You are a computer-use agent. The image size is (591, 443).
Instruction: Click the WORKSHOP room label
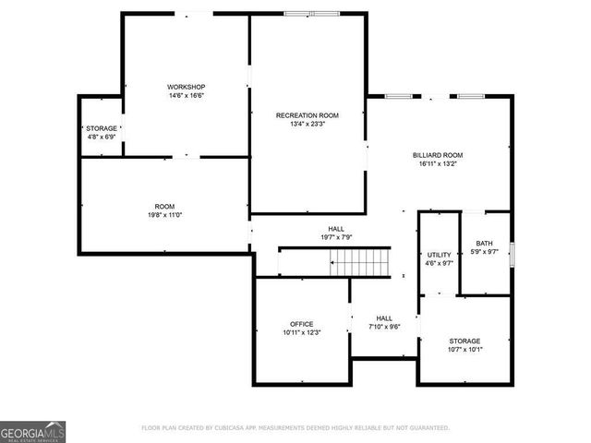click(186, 86)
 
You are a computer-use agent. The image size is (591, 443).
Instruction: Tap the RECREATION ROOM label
click(308, 115)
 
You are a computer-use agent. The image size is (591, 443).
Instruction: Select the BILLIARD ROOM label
click(438, 155)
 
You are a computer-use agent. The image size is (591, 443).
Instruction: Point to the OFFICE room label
click(301, 324)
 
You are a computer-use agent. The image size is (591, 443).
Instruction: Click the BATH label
click(485, 243)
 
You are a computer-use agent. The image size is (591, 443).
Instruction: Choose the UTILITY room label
click(439, 255)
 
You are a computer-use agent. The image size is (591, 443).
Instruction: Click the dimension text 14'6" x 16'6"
click(186, 95)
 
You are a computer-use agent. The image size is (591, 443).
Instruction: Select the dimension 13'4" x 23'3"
click(308, 125)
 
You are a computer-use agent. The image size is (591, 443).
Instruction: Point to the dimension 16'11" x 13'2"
click(438, 164)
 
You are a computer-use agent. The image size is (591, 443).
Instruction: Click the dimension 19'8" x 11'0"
click(164, 215)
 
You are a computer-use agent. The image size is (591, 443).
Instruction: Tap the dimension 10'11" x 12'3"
click(301, 333)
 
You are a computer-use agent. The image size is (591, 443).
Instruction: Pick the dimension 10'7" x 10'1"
click(464, 349)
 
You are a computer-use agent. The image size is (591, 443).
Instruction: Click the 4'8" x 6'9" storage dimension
click(102, 137)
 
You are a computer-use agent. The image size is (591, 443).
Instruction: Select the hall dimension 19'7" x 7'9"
click(336, 237)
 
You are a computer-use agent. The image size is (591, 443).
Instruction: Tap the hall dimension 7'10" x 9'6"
click(384, 326)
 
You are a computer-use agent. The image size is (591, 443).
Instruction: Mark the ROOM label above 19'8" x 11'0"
click(164, 206)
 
